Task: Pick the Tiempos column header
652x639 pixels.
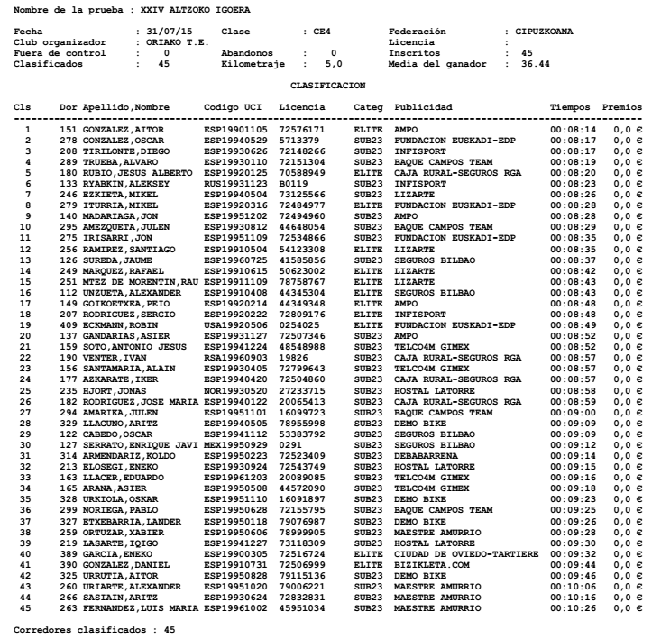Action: [x=571, y=106]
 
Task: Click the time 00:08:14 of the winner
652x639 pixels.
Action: [x=571, y=130]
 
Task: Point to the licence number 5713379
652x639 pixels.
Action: [x=300, y=138]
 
